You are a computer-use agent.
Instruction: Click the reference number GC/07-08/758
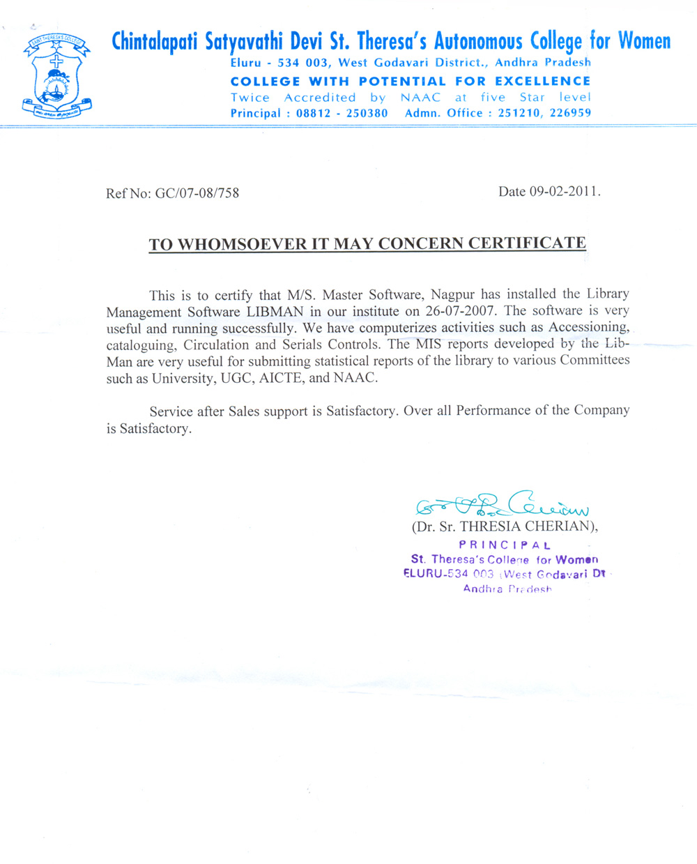click(197, 193)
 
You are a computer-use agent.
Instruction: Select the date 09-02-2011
click(564, 192)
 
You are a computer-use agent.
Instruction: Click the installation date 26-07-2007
click(461, 311)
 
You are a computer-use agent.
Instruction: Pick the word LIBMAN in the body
click(275, 312)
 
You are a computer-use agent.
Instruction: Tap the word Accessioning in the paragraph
click(589, 327)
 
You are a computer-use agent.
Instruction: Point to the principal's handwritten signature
click(502, 503)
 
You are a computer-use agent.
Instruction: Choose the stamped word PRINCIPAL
click(505, 545)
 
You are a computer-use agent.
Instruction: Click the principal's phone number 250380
click(367, 113)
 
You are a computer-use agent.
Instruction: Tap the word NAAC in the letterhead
click(420, 98)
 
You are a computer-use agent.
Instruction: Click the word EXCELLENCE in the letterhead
click(542, 82)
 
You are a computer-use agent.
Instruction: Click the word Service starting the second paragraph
click(171, 411)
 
